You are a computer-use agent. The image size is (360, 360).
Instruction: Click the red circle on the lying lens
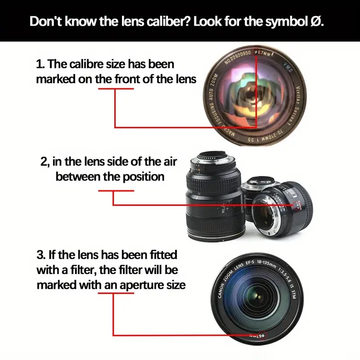(x=297, y=206)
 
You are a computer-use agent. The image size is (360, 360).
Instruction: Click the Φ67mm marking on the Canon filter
(x=257, y=335)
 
